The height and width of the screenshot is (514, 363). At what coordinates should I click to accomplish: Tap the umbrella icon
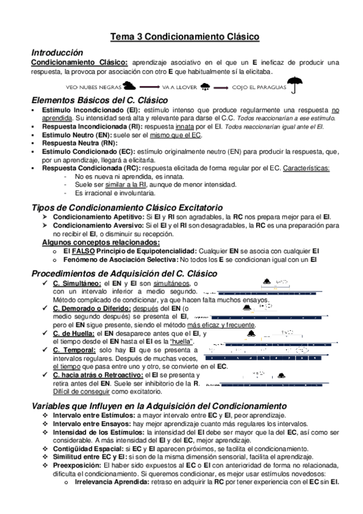[295, 86]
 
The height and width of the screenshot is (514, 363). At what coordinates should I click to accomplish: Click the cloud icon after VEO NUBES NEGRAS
[128, 86]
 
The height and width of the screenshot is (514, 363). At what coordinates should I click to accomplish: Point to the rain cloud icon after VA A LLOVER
[205, 87]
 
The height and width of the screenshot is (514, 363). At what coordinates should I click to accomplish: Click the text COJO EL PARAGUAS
[258, 87]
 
